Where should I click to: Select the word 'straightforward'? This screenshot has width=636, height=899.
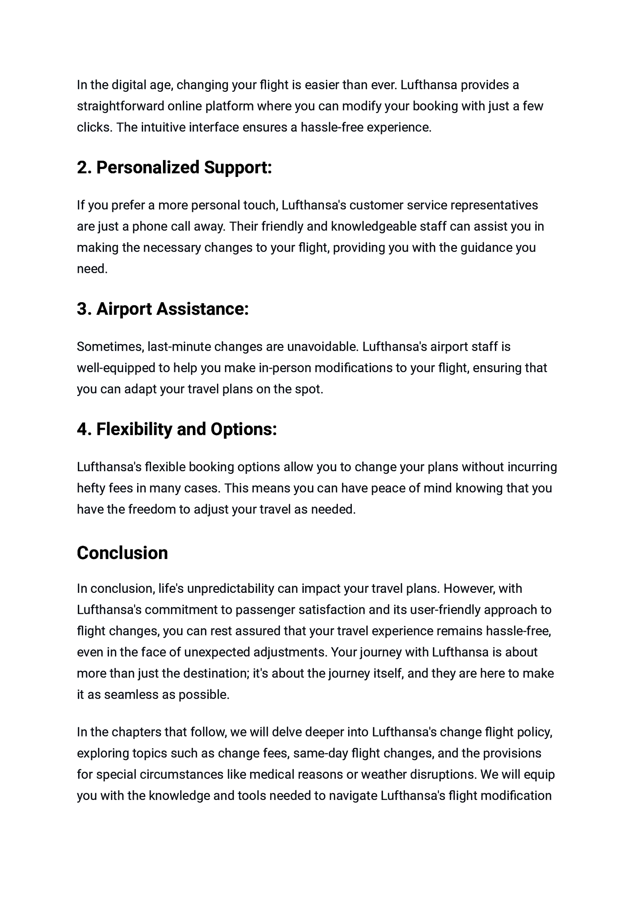[120, 106]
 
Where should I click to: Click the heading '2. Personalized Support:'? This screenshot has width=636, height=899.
[174, 167]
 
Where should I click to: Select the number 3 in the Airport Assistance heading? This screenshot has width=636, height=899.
[82, 309]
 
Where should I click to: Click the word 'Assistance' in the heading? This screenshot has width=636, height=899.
[202, 309]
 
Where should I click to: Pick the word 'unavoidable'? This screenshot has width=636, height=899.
[322, 347]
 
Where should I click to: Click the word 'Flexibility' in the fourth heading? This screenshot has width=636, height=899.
[134, 429]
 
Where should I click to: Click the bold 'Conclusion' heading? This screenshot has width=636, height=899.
[122, 553]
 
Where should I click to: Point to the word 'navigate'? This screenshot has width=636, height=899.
[353, 796]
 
